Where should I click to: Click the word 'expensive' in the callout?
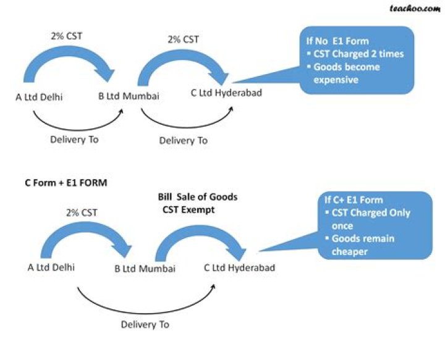click(x=337, y=79)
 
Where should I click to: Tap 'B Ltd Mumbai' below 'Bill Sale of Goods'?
click(x=145, y=269)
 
